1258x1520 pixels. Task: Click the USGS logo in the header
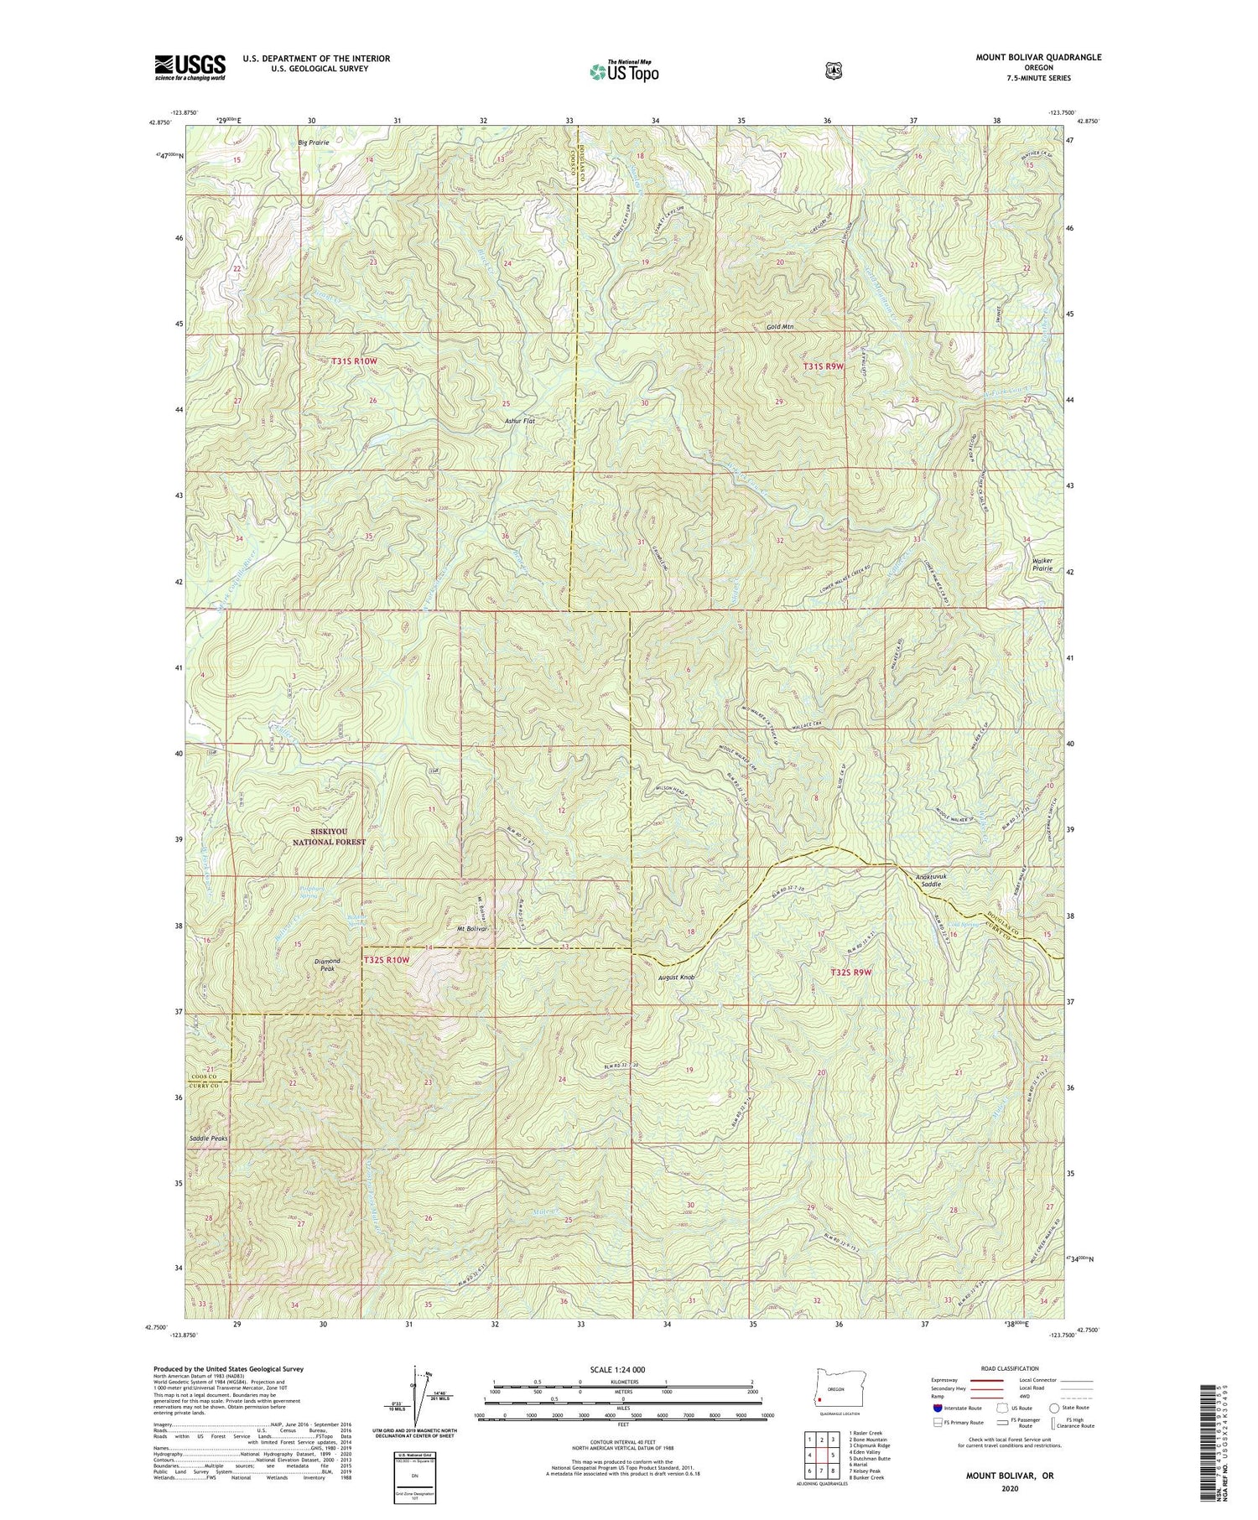click(x=190, y=67)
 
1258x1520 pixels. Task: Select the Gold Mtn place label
click(x=780, y=327)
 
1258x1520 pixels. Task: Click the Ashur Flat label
click(x=519, y=421)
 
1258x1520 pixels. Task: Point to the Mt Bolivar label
click(x=472, y=929)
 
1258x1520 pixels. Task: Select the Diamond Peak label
click(x=328, y=965)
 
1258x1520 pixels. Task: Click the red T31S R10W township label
click(x=354, y=361)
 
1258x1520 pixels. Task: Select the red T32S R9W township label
click(x=851, y=972)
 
